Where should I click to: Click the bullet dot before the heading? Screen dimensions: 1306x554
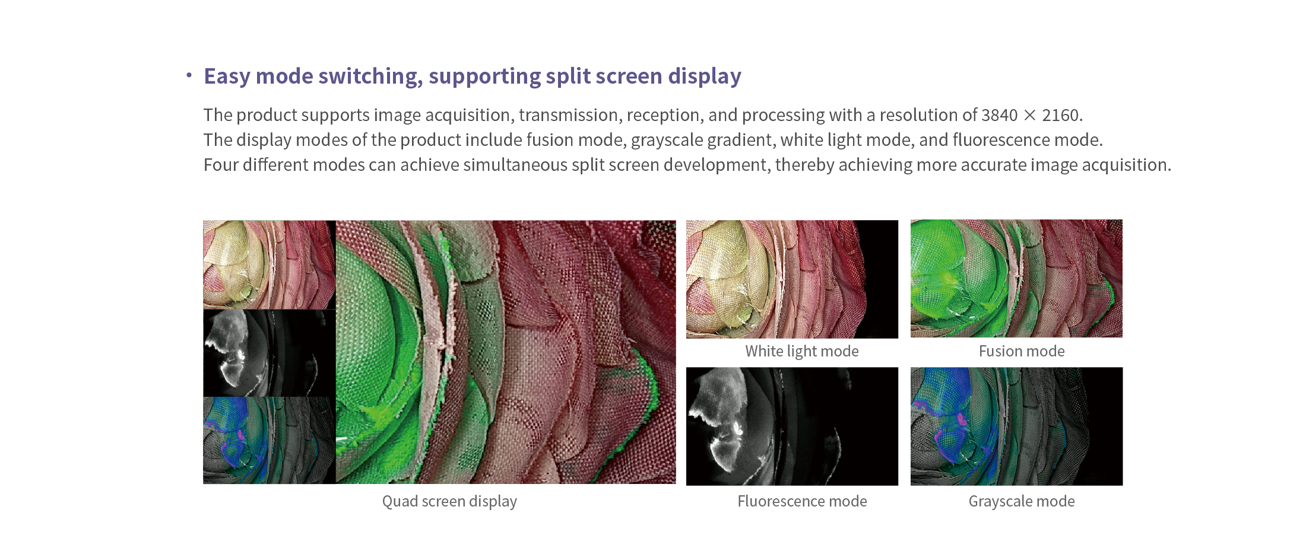[x=189, y=75]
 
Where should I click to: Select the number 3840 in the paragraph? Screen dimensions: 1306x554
[x=1000, y=115]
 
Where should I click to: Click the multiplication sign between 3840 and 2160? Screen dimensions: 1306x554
[x=1030, y=115]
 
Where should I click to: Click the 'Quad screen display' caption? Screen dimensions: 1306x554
[x=449, y=502]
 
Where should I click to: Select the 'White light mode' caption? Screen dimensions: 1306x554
[x=802, y=352]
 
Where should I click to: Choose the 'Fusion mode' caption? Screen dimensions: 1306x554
[x=1022, y=351]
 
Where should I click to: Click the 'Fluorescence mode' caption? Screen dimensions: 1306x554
[x=802, y=501]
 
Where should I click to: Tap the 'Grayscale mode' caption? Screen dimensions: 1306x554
[x=1022, y=502]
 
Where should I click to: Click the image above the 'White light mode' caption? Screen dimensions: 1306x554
[x=792, y=279]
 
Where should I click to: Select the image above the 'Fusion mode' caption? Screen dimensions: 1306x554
[x=1016, y=279]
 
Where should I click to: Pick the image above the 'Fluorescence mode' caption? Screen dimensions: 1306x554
[x=792, y=426]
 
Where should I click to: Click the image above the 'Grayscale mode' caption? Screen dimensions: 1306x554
[x=1016, y=426]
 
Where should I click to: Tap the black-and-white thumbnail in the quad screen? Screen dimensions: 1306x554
[x=270, y=353]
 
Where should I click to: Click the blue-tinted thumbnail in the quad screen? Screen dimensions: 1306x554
[x=270, y=440]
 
